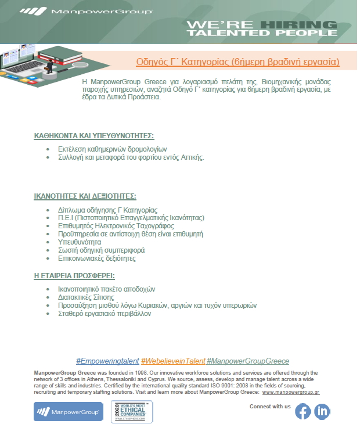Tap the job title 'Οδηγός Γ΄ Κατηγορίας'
[181, 62]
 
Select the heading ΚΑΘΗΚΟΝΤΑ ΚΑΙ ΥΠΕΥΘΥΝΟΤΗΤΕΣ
[93, 136]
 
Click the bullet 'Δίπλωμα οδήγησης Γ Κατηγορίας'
[107, 210]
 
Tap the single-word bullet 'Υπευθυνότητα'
[80, 242]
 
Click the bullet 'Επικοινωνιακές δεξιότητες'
[98, 258]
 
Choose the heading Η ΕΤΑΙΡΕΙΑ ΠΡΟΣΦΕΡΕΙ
[74, 275]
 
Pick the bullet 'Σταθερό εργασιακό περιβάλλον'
[104, 313]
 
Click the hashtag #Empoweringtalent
[107, 361]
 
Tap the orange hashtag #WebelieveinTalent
[172, 361]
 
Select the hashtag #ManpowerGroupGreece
[247, 361]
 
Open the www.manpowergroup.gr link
[291, 392]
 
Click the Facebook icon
[303, 411]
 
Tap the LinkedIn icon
[322, 411]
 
